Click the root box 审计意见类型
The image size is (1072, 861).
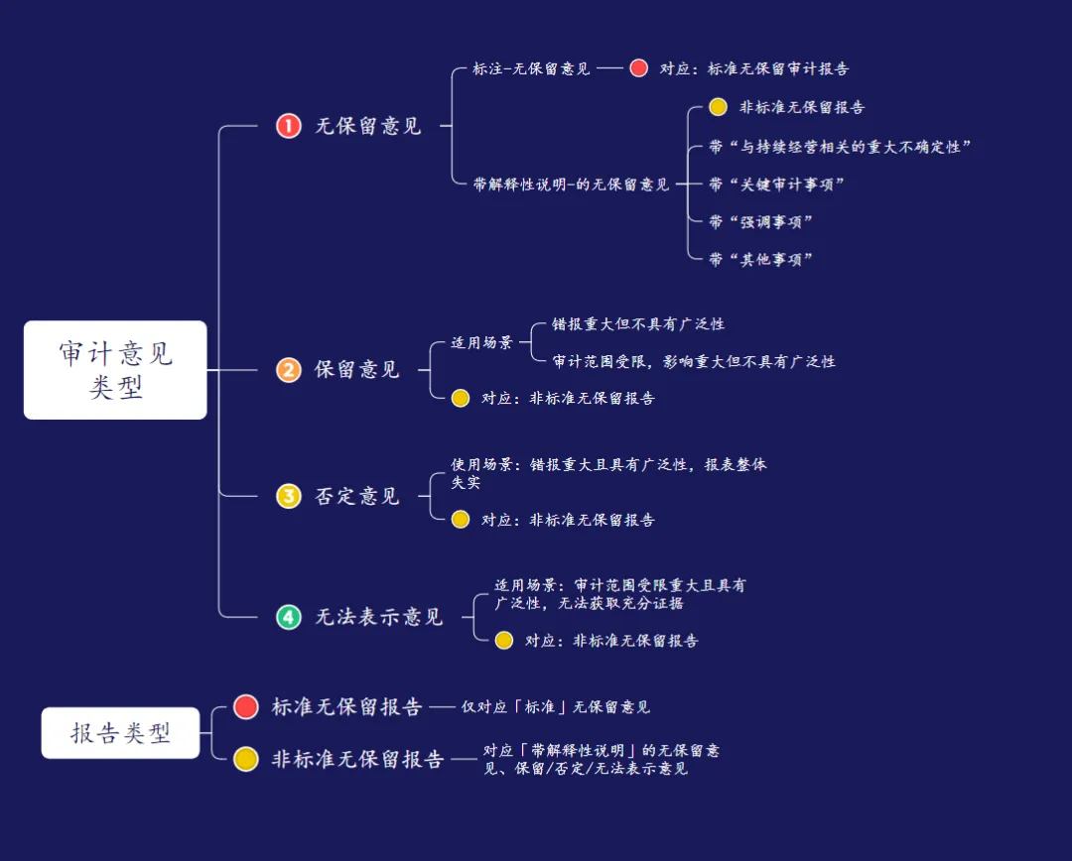[x=115, y=369]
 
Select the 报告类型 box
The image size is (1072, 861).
[x=120, y=733]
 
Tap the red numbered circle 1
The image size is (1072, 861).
[x=288, y=126]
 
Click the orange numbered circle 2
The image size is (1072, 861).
[x=288, y=370]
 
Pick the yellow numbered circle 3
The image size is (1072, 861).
[x=288, y=496]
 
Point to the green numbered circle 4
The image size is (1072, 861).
[x=288, y=617]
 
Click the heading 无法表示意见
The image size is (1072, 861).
[x=379, y=617]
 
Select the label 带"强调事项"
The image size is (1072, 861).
[x=761, y=221]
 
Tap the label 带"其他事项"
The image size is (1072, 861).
[x=761, y=259]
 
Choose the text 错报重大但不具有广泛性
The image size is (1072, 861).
[x=638, y=324]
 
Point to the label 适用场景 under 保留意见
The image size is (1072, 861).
[x=481, y=342]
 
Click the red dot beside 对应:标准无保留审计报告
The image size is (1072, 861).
[x=638, y=68]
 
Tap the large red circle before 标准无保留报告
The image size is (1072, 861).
[x=246, y=706]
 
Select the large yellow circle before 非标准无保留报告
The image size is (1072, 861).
[x=246, y=759]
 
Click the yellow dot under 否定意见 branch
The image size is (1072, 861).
[x=461, y=519]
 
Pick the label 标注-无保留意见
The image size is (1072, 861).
[x=532, y=68]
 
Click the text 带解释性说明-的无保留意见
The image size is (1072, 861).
[x=572, y=184]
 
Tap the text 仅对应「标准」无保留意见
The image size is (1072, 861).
[x=556, y=707]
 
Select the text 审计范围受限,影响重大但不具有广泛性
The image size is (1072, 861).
[x=694, y=361]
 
